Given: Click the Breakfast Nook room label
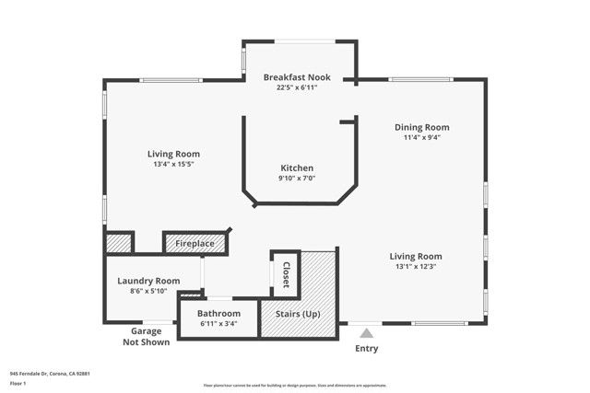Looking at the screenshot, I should pyautogui.click(x=297, y=77).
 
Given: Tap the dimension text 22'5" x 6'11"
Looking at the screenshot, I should pyautogui.click(x=297, y=88).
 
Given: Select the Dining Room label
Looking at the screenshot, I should pyautogui.click(x=421, y=127).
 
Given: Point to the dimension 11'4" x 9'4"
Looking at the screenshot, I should pyautogui.click(x=421, y=138).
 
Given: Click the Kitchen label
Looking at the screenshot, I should pyautogui.click(x=297, y=168).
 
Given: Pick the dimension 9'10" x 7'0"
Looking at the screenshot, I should pyautogui.click(x=297, y=179).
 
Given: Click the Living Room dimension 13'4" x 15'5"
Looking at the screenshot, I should pyautogui.click(x=173, y=165).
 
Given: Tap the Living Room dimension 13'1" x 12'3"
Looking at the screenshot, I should pyautogui.click(x=415, y=267).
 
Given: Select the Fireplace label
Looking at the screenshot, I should pyautogui.click(x=195, y=244).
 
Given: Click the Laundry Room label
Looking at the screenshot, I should pyautogui.click(x=148, y=281).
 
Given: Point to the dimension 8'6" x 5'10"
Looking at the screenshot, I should pyautogui.click(x=148, y=292).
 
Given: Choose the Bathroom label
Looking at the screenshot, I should pyautogui.click(x=218, y=313).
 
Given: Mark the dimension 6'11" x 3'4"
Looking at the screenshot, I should pyautogui.click(x=218, y=324).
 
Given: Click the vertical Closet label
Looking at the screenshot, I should pyautogui.click(x=286, y=274).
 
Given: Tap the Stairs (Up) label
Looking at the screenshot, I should pyautogui.click(x=298, y=314).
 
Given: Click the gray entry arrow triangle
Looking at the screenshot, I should pyautogui.click(x=366, y=333).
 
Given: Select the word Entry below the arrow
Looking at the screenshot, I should pyautogui.click(x=366, y=349).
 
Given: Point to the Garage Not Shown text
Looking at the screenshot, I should pyautogui.click(x=146, y=338).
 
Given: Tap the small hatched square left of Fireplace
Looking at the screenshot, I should pyautogui.click(x=118, y=243).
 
